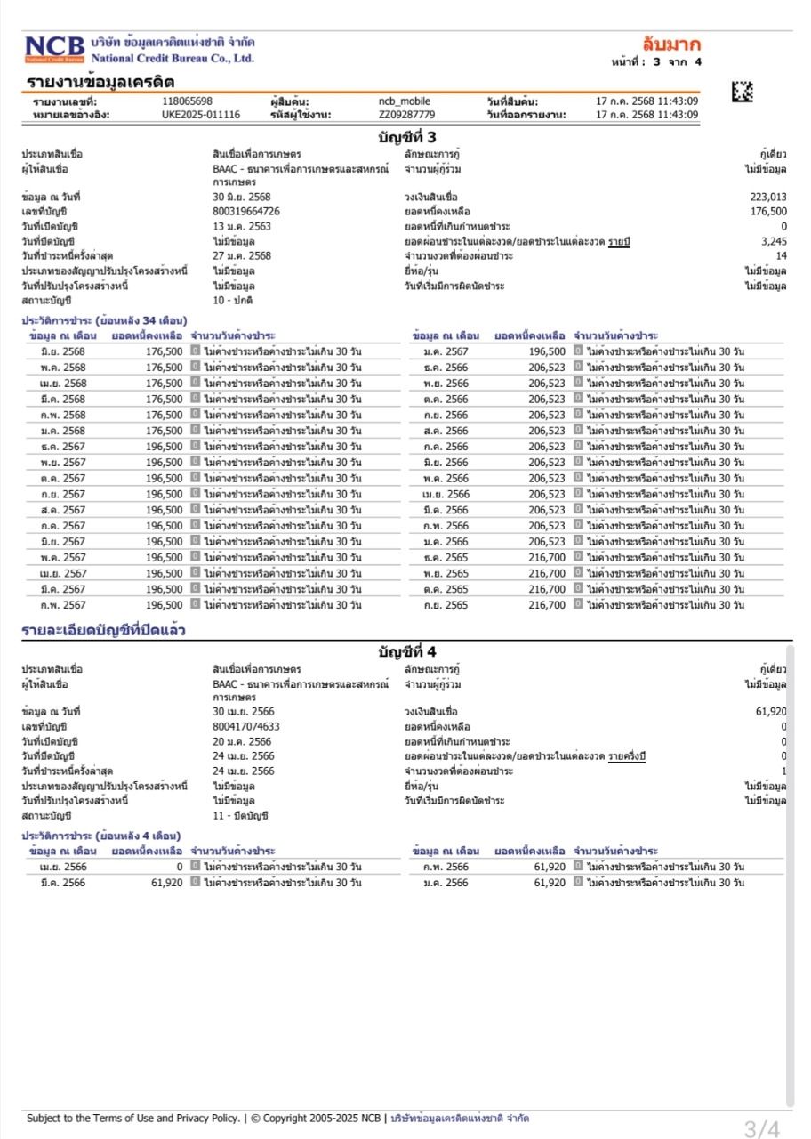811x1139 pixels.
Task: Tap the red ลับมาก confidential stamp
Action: click(x=671, y=44)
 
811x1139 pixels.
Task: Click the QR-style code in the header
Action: click(x=742, y=90)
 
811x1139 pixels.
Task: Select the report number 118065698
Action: click(x=187, y=101)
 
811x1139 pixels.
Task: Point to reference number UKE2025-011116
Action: click(x=201, y=115)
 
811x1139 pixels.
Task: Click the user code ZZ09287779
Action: click(x=406, y=115)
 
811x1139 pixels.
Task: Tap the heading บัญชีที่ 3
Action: click(x=407, y=137)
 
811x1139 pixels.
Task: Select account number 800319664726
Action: click(x=246, y=211)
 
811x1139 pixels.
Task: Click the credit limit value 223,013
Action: click(x=768, y=197)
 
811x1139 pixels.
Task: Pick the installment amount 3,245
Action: click(x=774, y=241)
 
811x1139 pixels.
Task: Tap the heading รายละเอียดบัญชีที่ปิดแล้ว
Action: click(x=103, y=631)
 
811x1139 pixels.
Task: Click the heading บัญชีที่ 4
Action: click(x=407, y=651)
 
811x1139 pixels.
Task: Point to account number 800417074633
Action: click(x=246, y=726)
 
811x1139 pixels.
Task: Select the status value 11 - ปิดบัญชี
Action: click(x=240, y=815)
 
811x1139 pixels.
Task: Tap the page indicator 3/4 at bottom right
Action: click(x=762, y=1129)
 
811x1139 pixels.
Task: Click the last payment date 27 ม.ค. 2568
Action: click(x=242, y=255)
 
